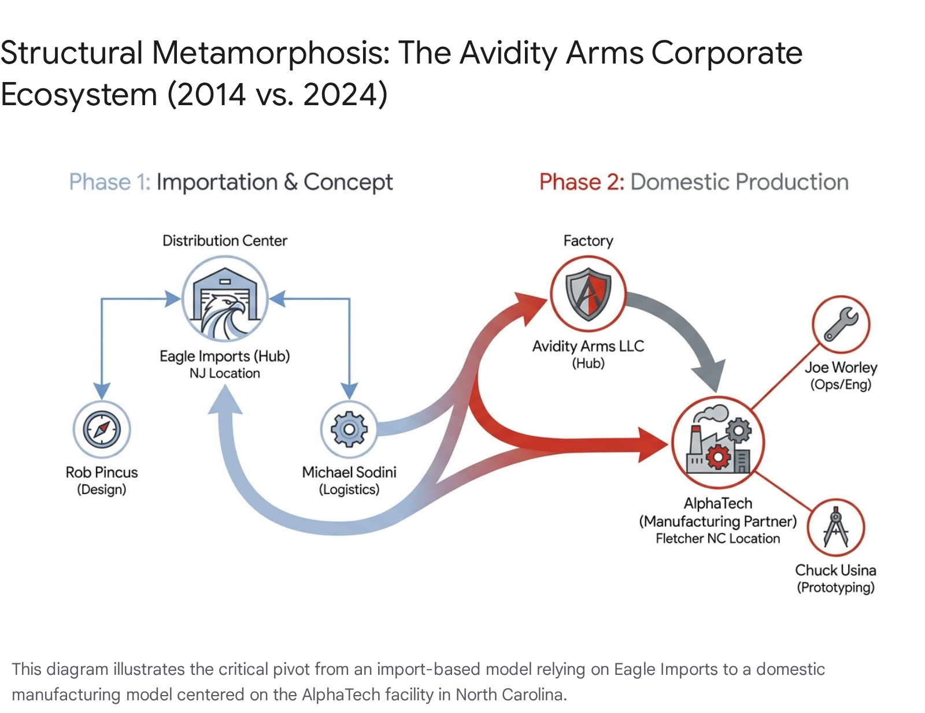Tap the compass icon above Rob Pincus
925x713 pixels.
(x=102, y=429)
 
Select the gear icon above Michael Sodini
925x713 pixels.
(x=349, y=429)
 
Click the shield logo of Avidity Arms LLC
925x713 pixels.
(x=588, y=294)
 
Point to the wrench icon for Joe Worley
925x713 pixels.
(x=841, y=324)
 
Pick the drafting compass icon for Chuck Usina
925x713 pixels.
(x=835, y=528)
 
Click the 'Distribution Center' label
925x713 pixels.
(x=225, y=241)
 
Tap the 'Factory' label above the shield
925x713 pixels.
(x=588, y=241)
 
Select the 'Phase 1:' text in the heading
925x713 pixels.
(x=110, y=182)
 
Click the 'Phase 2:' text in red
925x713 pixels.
(x=582, y=182)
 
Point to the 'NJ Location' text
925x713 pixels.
(x=225, y=373)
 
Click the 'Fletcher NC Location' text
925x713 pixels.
(x=717, y=539)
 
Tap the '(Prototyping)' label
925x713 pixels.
(x=835, y=588)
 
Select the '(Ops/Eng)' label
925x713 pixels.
(x=841, y=384)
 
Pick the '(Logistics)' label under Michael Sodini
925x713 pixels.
(x=349, y=489)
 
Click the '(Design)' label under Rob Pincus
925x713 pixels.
(x=102, y=489)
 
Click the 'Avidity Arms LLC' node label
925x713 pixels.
(x=588, y=346)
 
